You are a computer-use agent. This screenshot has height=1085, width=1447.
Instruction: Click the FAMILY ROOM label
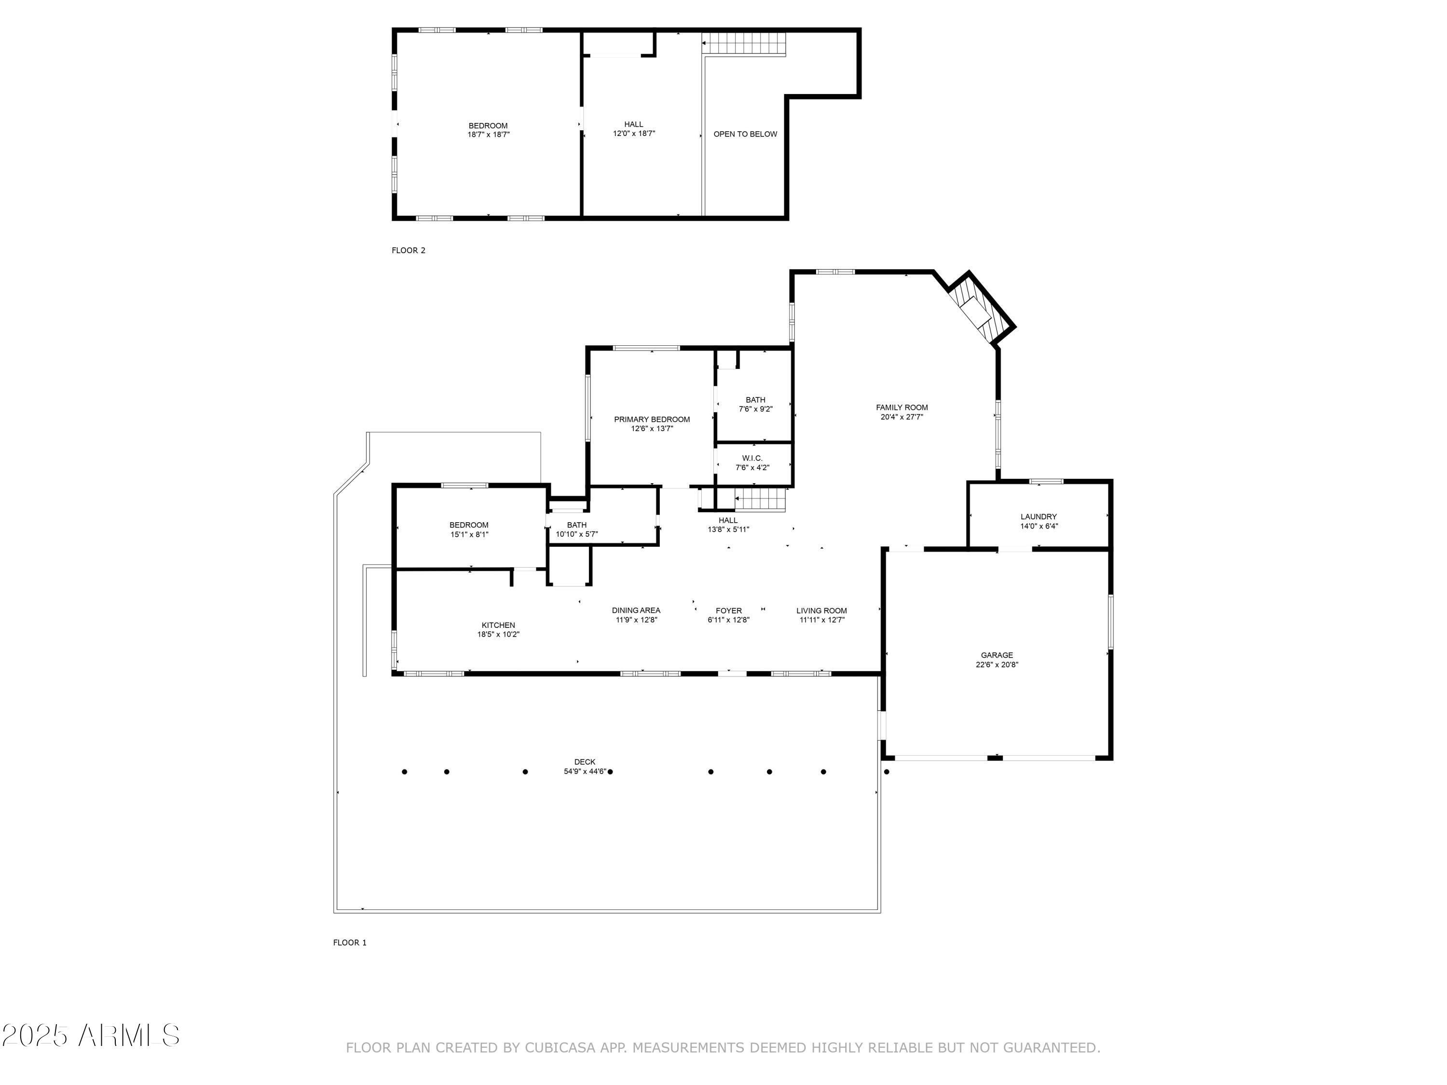pyautogui.click(x=901, y=407)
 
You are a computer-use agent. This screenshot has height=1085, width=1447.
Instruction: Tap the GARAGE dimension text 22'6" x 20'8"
pyautogui.click(x=997, y=665)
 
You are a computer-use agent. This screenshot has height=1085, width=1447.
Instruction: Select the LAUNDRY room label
pyautogui.click(x=1038, y=516)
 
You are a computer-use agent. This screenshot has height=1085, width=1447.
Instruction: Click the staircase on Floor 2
pyautogui.click(x=744, y=44)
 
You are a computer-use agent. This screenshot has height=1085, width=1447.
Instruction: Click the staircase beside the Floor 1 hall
pyautogui.click(x=760, y=500)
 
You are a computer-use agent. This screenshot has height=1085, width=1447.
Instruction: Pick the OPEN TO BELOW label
pyautogui.click(x=745, y=134)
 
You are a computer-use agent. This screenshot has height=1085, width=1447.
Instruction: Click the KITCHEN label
pyautogui.click(x=498, y=625)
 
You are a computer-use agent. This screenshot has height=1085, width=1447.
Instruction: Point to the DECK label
pyautogui.click(x=585, y=762)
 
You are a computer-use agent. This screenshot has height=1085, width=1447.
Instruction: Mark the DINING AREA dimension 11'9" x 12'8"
pyautogui.click(x=636, y=620)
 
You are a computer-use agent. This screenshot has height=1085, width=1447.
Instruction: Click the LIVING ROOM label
pyautogui.click(x=821, y=611)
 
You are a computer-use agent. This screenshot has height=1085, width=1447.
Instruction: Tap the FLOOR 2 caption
pyautogui.click(x=408, y=250)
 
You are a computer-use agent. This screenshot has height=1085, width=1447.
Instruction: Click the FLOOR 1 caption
pyautogui.click(x=350, y=942)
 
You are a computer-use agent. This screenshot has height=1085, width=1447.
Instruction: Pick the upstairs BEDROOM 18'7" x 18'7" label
pyautogui.click(x=488, y=126)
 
